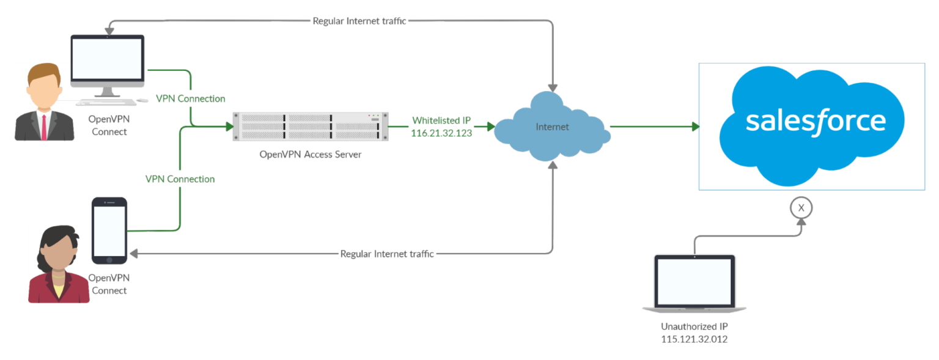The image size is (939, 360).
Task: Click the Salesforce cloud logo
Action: click(x=812, y=125)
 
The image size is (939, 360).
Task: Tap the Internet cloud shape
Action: click(x=552, y=127)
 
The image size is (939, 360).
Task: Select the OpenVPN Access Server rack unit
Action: click(x=311, y=127)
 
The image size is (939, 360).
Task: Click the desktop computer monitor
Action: click(x=108, y=61)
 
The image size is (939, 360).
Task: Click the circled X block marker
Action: click(x=801, y=208)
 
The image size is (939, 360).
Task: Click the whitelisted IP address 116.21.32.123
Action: click(x=441, y=133)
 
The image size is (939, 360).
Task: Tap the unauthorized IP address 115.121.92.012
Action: click(x=694, y=339)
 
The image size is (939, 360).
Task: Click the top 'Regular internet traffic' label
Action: click(x=359, y=21)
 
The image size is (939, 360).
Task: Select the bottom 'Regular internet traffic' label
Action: click(x=387, y=254)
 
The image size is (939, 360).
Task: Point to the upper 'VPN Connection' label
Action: click(x=191, y=98)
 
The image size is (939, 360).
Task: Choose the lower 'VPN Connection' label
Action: click(x=180, y=179)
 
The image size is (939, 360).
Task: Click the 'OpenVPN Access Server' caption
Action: click(x=311, y=154)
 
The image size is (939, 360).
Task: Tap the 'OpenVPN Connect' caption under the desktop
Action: click(x=109, y=125)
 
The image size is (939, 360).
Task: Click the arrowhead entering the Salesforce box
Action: click(x=695, y=127)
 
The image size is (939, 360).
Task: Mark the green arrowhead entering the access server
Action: click(x=229, y=127)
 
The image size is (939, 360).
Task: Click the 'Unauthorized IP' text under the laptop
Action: click(x=694, y=326)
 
